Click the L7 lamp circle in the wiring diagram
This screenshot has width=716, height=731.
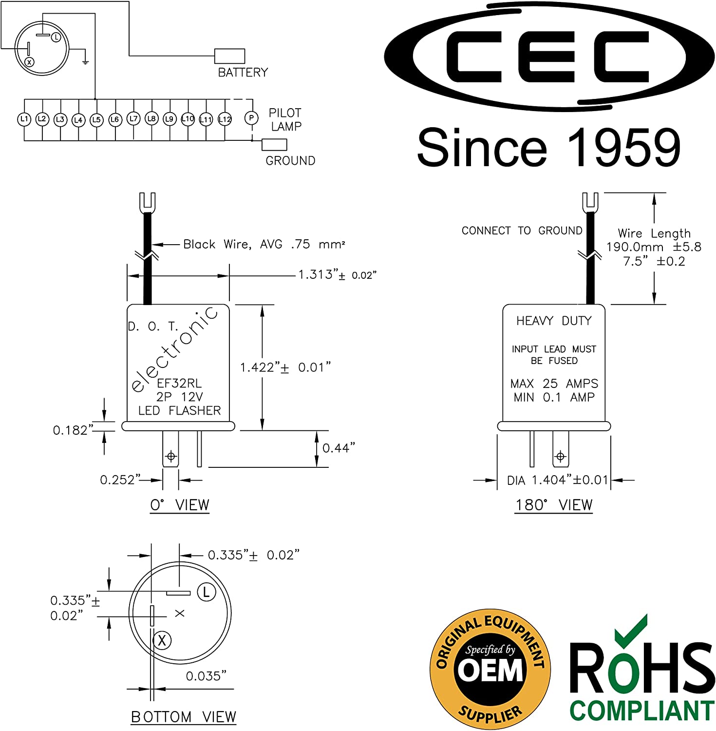pos(133,118)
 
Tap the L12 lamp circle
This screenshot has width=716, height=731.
pos(225,119)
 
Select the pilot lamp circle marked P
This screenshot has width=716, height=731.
pos(251,118)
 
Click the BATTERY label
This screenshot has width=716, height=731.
pos(243,72)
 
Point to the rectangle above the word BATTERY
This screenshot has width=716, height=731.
pos(230,56)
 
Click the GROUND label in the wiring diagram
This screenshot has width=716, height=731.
pos(290,160)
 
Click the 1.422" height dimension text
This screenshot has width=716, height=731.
pos(285,367)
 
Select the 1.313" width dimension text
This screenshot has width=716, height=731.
pos(338,274)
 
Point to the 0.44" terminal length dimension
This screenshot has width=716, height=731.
pos(339,447)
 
